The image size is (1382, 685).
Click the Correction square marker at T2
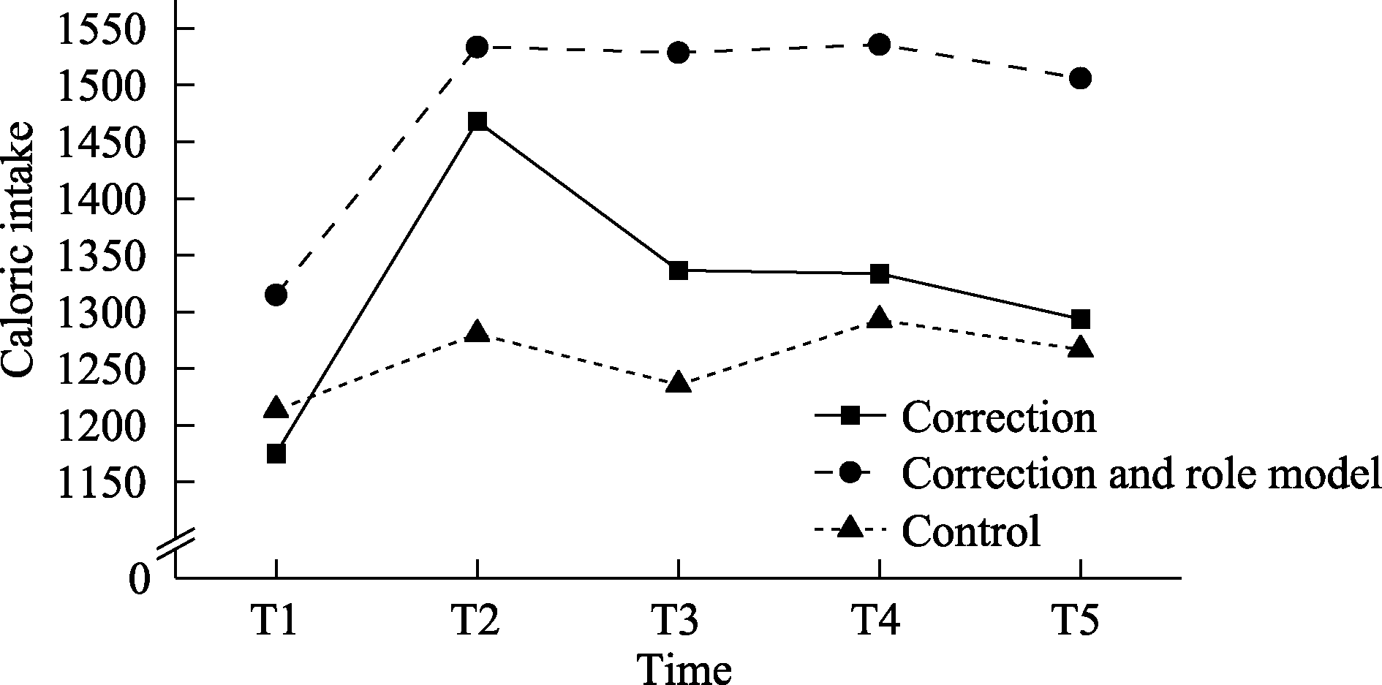477,121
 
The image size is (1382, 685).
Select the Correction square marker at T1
276,454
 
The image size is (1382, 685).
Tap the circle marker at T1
276,295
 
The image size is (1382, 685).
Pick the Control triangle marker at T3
679,383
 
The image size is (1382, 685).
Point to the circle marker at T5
1080,78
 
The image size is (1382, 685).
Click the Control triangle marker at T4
880,318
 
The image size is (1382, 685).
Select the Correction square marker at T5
1080,319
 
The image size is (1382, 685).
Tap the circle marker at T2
477,48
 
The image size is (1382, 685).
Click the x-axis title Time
684,667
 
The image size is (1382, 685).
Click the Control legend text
970,531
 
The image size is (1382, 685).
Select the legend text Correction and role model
1141,474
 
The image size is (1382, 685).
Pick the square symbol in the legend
850,417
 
